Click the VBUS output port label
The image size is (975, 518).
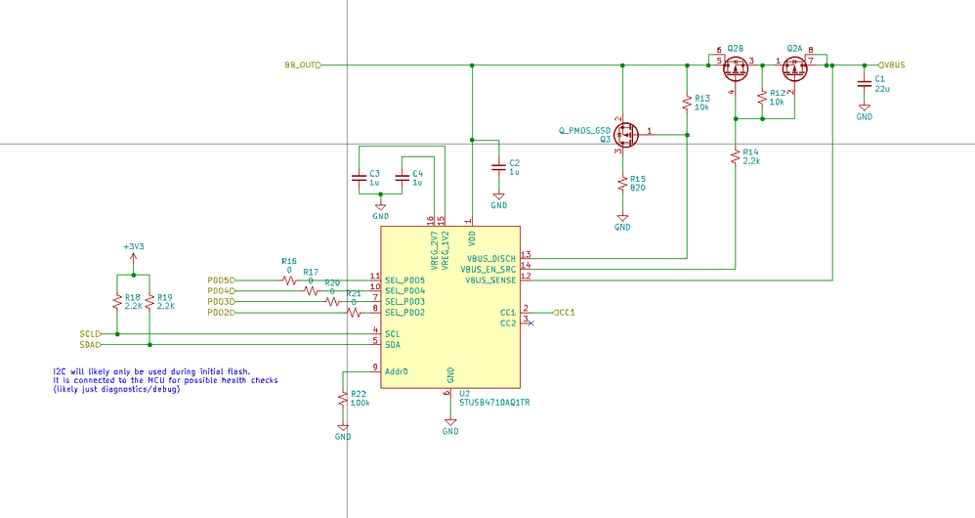pos(892,65)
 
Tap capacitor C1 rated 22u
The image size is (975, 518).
pos(864,82)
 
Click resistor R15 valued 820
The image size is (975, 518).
pos(622,183)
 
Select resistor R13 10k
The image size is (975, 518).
pos(687,102)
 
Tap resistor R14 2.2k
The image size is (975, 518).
pos(735,156)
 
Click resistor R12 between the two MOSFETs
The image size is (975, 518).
pos(762,97)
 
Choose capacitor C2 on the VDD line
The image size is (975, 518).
pos(499,168)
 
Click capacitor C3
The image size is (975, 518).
pos(359,177)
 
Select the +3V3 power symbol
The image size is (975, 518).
pos(133,247)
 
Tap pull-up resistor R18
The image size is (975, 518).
pos(117,300)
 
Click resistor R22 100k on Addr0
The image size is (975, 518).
pos(342,399)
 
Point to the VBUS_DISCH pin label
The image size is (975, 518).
pos(490,258)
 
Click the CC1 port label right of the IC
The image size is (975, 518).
pos(564,313)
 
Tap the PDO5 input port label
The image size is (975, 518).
pos(221,281)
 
